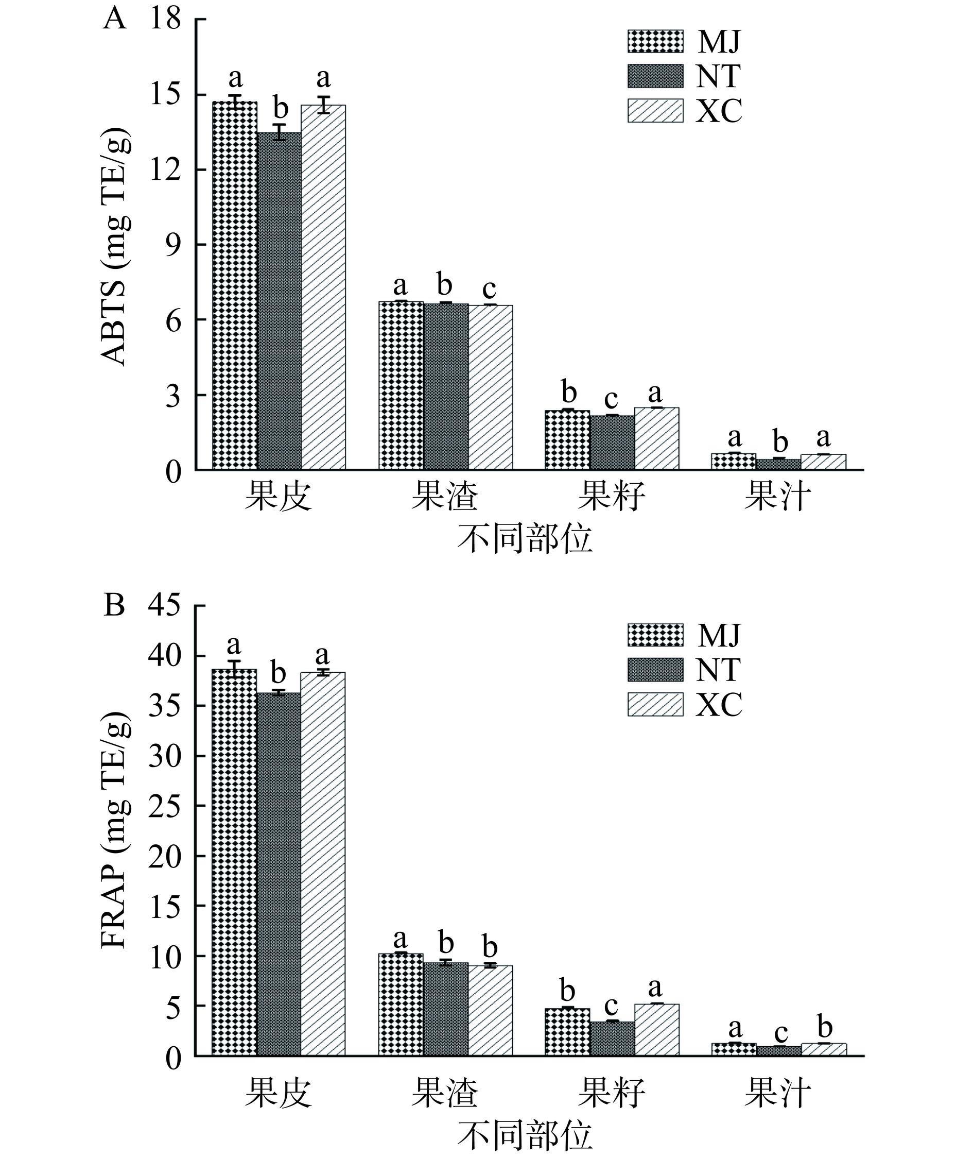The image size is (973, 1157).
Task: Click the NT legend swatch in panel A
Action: (655, 76)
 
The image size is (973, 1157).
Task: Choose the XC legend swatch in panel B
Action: (655, 704)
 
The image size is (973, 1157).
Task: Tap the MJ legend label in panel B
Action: (718, 635)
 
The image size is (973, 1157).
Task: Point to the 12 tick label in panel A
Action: (165, 169)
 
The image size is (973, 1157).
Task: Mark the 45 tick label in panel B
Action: (165, 606)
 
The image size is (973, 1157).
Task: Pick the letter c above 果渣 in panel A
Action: (489, 288)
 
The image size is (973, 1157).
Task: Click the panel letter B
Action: (114, 606)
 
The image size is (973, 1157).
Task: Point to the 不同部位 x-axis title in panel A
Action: (525, 540)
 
